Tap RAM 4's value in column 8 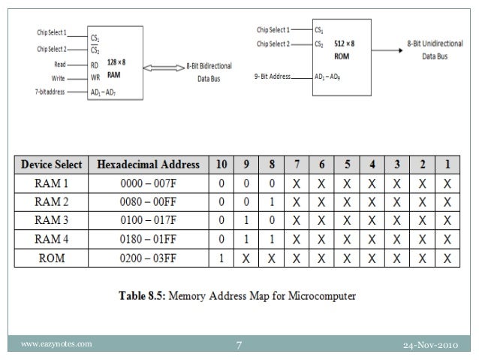(271, 239)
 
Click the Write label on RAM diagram (57, 77)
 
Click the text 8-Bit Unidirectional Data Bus (436, 50)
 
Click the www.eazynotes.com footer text (57, 344)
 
